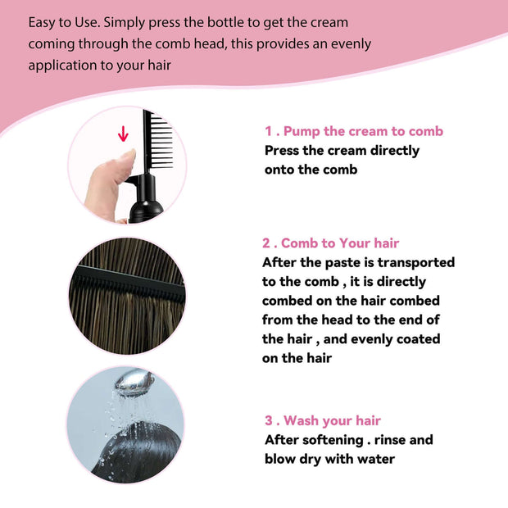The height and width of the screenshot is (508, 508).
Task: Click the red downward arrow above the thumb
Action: click(124, 134)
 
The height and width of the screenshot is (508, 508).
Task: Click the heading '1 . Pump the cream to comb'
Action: click(353, 131)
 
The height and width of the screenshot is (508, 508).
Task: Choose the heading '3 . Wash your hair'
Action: click(322, 420)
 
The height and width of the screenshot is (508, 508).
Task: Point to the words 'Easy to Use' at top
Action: click(63, 22)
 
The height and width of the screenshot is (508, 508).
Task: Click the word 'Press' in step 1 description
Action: click(283, 151)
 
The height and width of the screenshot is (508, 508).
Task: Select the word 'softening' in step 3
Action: click(334, 440)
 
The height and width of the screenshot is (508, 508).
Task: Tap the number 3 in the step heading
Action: click(269, 420)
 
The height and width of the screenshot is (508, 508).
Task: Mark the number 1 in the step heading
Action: click(268, 131)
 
